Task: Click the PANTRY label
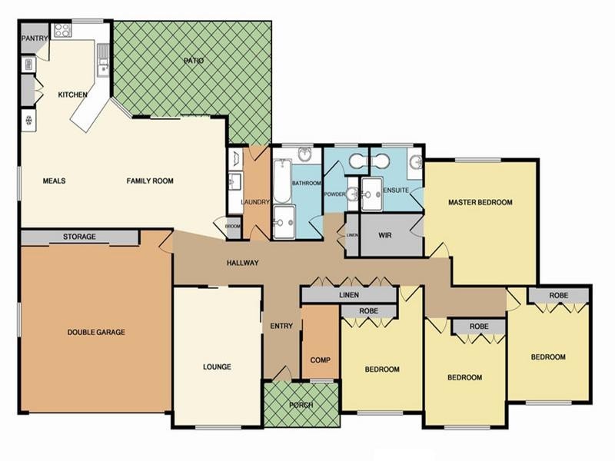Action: (35, 38)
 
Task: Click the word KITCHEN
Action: (74, 95)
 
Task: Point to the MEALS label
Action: (54, 181)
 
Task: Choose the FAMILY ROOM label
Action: (150, 181)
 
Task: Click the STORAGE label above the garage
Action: (79, 237)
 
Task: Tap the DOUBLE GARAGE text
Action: (96, 332)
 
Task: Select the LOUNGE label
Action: (218, 366)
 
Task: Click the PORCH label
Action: (301, 405)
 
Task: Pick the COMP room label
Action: (320, 360)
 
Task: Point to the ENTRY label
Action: (281, 326)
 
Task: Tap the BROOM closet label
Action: (233, 227)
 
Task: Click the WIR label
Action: (386, 235)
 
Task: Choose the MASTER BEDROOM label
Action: (480, 203)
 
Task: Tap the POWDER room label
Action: (335, 194)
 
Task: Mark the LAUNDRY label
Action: (254, 202)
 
